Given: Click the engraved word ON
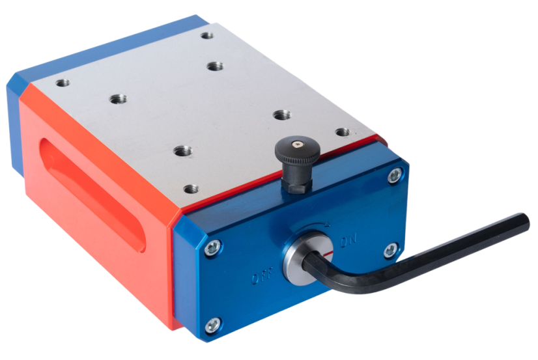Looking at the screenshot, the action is tap(348, 240).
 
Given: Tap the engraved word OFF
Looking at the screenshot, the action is tap(262, 275).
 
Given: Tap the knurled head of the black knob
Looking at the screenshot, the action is tap(298, 151).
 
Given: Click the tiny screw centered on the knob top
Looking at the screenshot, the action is tap(297, 144).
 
